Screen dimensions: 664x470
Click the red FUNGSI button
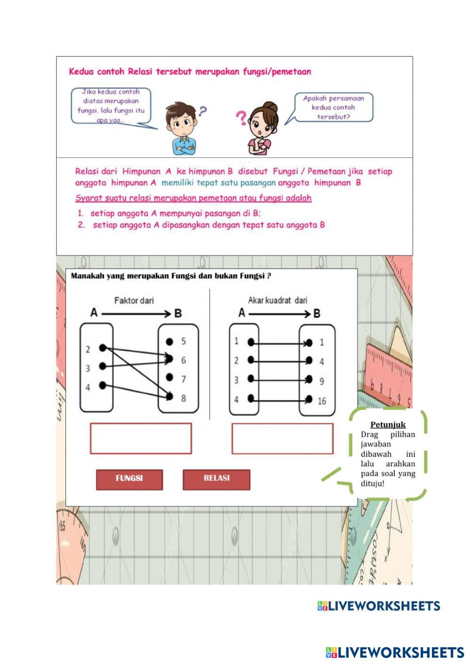point(129,479)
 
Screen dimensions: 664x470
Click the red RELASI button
point(216,479)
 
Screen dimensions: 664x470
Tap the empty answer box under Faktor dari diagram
point(141,439)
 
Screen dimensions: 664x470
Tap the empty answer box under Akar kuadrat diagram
point(282,439)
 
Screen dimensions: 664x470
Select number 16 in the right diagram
point(321,401)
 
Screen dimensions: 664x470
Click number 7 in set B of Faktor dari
point(183,378)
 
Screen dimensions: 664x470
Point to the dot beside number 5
point(170,341)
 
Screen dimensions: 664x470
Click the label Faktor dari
point(134,301)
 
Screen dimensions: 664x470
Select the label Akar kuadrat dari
point(277,300)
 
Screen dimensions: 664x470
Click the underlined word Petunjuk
point(388,425)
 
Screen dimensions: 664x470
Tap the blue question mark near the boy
point(202,111)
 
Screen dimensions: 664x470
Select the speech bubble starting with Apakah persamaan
point(333,108)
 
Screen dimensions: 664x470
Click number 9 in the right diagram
point(321,381)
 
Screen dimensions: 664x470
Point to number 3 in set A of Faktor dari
point(88,369)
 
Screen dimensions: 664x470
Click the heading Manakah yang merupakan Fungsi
point(171,276)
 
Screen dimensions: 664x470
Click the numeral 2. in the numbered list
point(81,225)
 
